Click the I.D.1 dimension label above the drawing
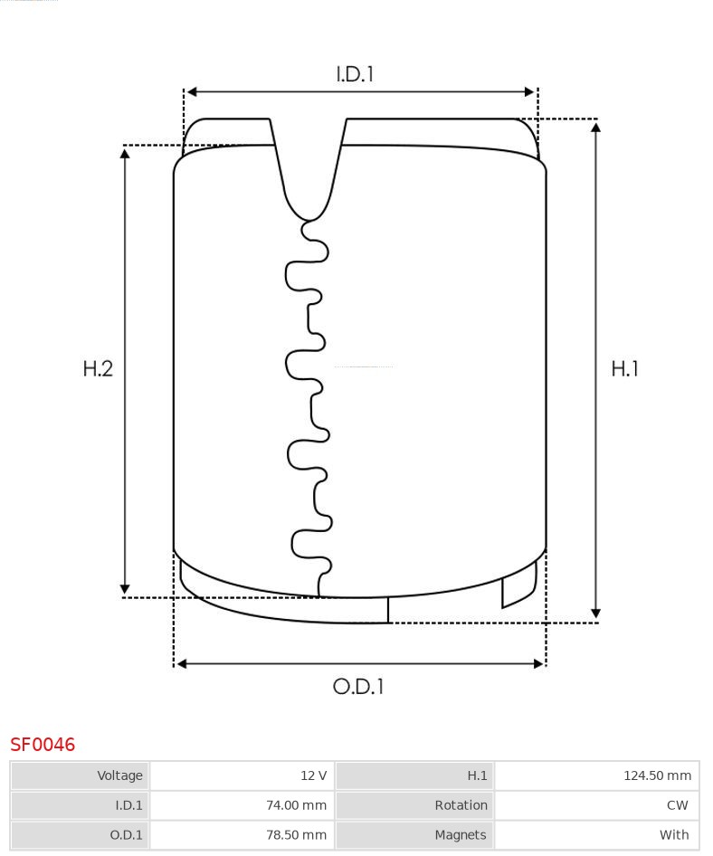[x=355, y=74]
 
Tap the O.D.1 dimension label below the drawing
[x=358, y=686]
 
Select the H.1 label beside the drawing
[x=624, y=369]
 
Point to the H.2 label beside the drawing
[x=98, y=369]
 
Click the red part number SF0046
[x=43, y=744]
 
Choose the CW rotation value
[x=677, y=805]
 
